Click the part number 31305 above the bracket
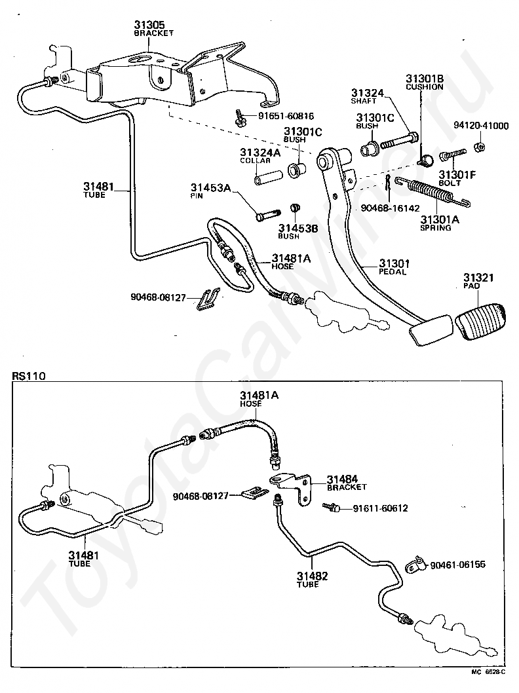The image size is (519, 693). coord(149,24)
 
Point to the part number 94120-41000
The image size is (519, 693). coord(481,126)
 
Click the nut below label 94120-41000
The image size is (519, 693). coord(479,147)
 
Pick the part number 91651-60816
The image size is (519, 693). coord(286,116)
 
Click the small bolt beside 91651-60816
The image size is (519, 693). coord(240,117)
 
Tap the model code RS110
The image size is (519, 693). coord(29,376)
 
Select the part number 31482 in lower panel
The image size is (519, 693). coord(312,576)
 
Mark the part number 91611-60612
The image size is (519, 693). coord(380,509)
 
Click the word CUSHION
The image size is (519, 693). coord(425,87)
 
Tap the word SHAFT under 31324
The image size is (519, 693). coord(364,101)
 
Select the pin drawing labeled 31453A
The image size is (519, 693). coord(268,215)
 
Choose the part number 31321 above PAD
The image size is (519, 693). coord(478,278)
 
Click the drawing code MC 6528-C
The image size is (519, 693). coord(488,684)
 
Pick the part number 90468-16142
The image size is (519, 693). coord(391,208)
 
